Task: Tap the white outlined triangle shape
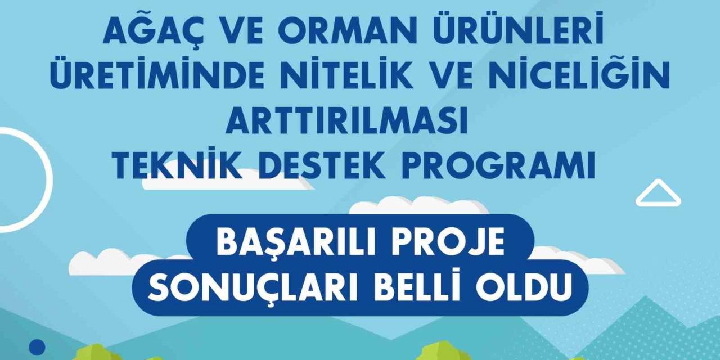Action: point(658,193)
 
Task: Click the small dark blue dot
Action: point(37,348)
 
